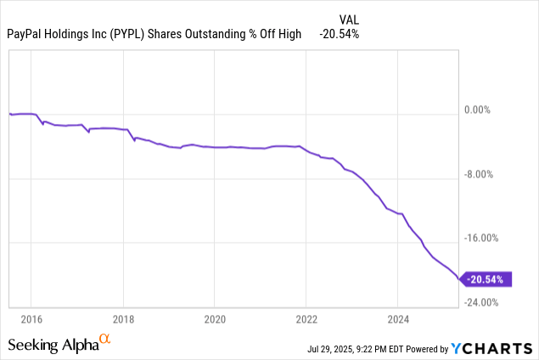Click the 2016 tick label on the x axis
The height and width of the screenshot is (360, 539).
coord(31,319)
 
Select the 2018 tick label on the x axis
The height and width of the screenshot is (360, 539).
coord(123,319)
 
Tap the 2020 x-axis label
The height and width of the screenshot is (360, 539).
coord(215,319)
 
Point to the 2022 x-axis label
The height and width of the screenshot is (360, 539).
coord(306,319)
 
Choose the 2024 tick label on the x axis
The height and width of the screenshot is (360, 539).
coord(398,319)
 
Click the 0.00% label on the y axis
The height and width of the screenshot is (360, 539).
coord(486,110)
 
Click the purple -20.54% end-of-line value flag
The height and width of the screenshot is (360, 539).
coord(488,278)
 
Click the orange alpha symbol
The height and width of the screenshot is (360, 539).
coord(105,340)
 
